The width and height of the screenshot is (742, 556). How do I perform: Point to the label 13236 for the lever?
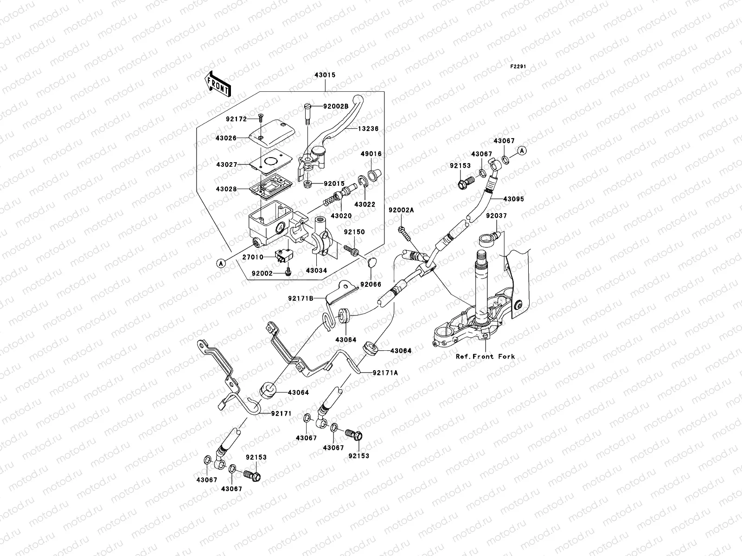click(x=368, y=129)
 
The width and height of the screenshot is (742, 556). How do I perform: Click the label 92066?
click(x=370, y=284)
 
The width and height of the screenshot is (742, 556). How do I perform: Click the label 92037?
click(x=496, y=216)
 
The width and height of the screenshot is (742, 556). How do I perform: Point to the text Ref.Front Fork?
click(x=485, y=357)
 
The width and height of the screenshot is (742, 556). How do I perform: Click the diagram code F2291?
click(x=519, y=67)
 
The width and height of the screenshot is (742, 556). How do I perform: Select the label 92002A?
click(x=401, y=210)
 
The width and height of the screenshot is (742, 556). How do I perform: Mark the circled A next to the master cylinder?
click(x=222, y=263)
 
